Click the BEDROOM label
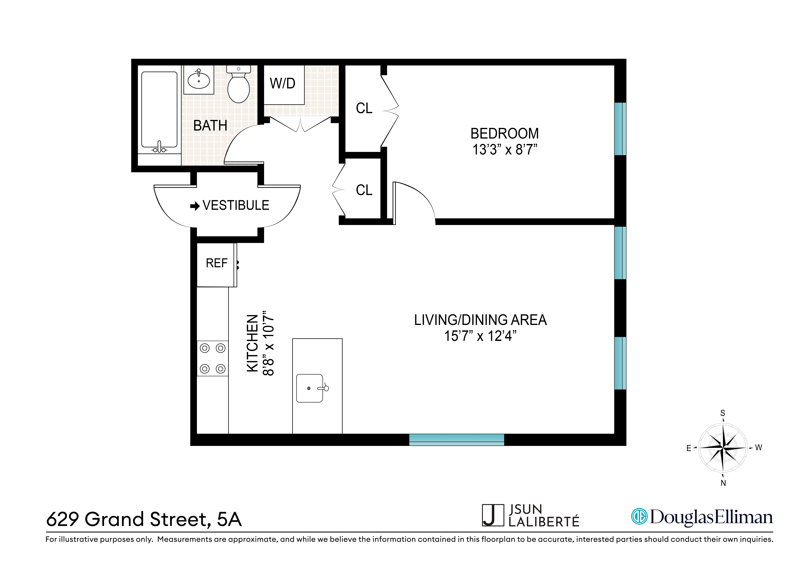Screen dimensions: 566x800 (x=504, y=134)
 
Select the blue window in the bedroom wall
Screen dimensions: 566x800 (x=620, y=129)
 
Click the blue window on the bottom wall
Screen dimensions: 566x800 (x=456, y=440)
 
